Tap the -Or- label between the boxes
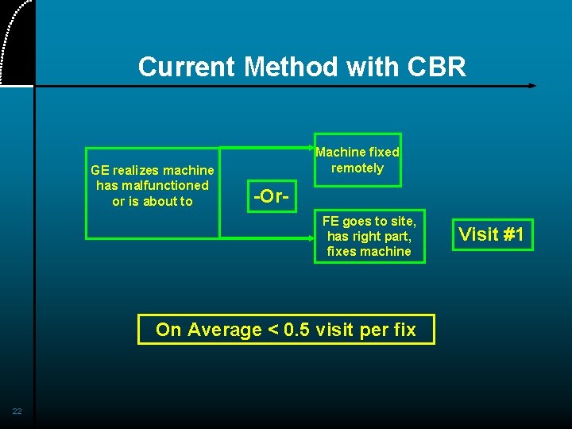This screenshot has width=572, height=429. click(270, 195)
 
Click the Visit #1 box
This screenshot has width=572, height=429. click(493, 234)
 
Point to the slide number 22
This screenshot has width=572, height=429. click(17, 411)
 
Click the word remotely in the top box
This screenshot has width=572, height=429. click(357, 168)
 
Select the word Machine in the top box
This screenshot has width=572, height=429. click(341, 152)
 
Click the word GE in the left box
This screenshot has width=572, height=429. click(100, 170)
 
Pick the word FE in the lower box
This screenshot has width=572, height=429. click(330, 221)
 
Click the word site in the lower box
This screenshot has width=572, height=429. click(402, 221)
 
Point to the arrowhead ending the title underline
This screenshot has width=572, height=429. click(532, 86)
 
